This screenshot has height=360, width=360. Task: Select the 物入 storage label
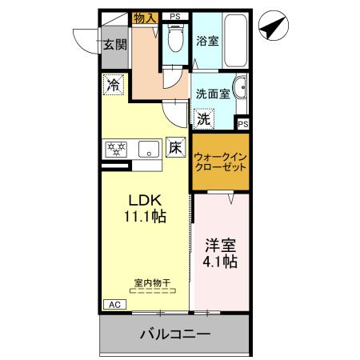coord(145,17)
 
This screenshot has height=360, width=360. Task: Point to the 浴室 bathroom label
coord(208,42)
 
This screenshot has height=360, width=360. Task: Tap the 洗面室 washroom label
coord(213,93)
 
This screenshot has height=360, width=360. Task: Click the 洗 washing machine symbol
coord(204,118)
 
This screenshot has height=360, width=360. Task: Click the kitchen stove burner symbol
coord(118,148)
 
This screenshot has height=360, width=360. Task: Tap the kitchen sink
coord(149,149)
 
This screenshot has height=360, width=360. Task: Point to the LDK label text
coord(144,200)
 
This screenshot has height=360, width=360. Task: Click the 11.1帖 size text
coord(144,216)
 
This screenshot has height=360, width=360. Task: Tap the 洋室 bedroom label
coord(219,245)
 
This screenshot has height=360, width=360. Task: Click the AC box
coord(114,304)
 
